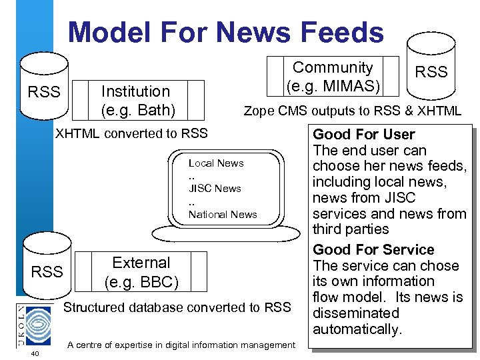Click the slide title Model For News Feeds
click(226, 32)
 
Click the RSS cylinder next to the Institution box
click(44, 87)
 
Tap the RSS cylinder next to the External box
click(47, 267)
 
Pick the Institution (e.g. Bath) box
click(137, 99)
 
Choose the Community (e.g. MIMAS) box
click(333, 76)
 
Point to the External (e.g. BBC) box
click(141, 272)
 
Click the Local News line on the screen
click(216, 163)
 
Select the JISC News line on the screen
click(215, 189)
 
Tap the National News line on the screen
click(223, 214)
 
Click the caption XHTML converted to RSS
click(131, 133)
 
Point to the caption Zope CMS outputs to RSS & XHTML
click(352, 111)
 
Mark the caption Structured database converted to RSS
click(177, 307)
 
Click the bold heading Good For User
click(364, 135)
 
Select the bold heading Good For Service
click(373, 250)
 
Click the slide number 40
click(35, 353)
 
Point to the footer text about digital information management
click(181, 345)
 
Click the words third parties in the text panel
click(351, 229)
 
